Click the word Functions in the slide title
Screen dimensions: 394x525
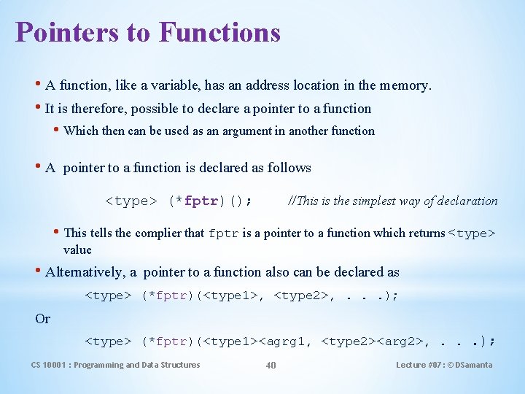[x=219, y=32]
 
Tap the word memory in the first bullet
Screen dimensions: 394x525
[x=405, y=86]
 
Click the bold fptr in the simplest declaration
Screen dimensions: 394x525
[x=201, y=201]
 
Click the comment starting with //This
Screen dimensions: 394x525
[x=393, y=201]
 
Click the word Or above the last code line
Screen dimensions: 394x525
[x=43, y=319]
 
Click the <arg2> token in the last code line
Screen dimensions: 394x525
[x=397, y=341]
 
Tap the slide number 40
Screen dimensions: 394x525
[x=271, y=365]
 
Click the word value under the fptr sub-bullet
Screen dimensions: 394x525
[x=77, y=250]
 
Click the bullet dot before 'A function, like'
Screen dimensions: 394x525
[x=38, y=85]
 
